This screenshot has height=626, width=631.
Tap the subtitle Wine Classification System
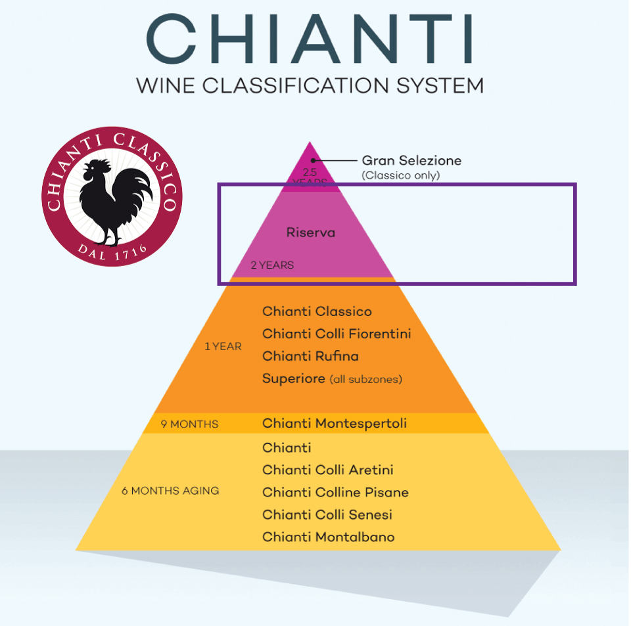[x=309, y=85]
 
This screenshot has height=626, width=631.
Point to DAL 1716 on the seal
[x=112, y=250]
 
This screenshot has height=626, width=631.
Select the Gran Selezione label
[x=411, y=160]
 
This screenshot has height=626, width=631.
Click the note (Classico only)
[x=400, y=175]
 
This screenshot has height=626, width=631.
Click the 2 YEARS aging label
[x=272, y=265]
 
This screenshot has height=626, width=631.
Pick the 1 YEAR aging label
[x=223, y=346]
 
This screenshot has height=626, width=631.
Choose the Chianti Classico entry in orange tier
[x=317, y=311]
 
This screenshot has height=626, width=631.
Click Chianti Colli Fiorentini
[x=337, y=334]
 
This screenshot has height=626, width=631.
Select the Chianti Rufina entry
[x=310, y=356]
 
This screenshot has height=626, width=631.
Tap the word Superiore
[x=293, y=378]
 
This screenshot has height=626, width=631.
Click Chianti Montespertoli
[x=334, y=424]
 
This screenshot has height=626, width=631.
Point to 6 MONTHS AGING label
[x=170, y=491]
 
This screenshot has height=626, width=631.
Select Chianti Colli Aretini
[x=327, y=470]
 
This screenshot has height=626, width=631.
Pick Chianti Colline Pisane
[x=335, y=492]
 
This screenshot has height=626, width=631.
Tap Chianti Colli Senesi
[x=327, y=514]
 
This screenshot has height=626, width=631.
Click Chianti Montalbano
[x=328, y=537]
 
